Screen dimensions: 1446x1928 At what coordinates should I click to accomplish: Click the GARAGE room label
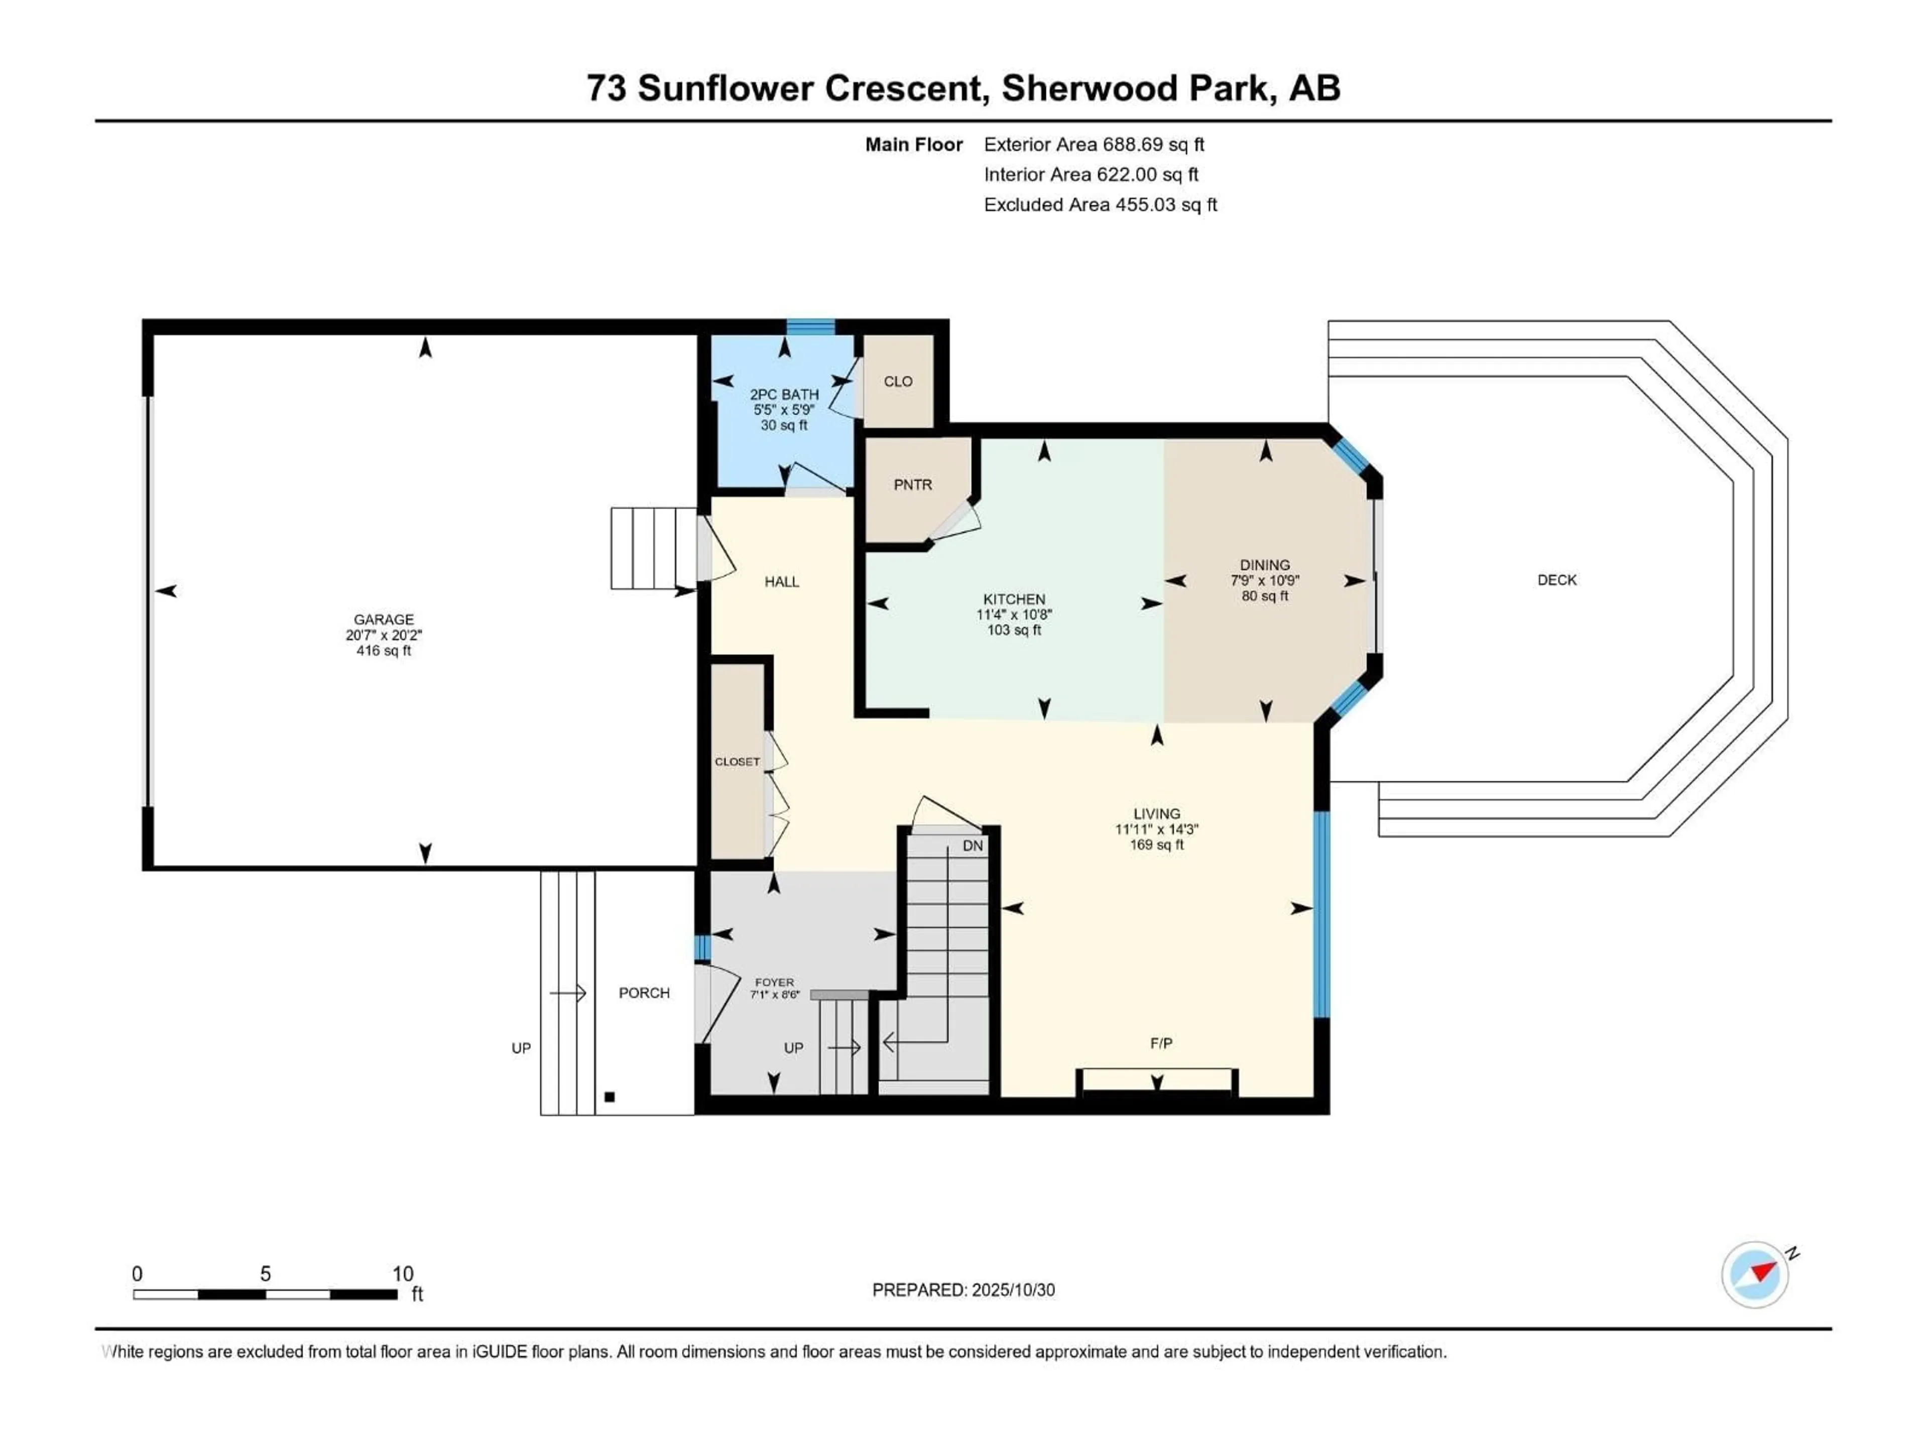click(384, 620)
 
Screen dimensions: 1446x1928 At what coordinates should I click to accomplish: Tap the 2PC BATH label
click(784, 395)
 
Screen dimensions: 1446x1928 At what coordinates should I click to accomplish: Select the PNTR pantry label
click(913, 485)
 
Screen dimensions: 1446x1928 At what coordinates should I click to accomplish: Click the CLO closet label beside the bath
click(898, 382)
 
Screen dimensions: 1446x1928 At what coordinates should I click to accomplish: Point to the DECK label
click(1556, 579)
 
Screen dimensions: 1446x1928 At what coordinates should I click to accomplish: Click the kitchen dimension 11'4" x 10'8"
click(1014, 615)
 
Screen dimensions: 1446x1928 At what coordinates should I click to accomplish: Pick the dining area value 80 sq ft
click(1265, 596)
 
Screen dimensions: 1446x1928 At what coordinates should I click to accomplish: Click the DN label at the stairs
click(973, 846)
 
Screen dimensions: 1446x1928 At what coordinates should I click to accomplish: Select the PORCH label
click(644, 993)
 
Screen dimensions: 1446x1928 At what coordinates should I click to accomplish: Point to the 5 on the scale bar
click(265, 1273)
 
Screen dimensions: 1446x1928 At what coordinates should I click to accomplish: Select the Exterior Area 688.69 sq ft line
click(1094, 145)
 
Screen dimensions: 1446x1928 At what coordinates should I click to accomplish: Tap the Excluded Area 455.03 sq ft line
click(1100, 205)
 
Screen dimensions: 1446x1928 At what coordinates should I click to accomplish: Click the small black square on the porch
click(610, 1098)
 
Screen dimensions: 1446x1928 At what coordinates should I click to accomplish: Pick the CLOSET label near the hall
click(738, 762)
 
